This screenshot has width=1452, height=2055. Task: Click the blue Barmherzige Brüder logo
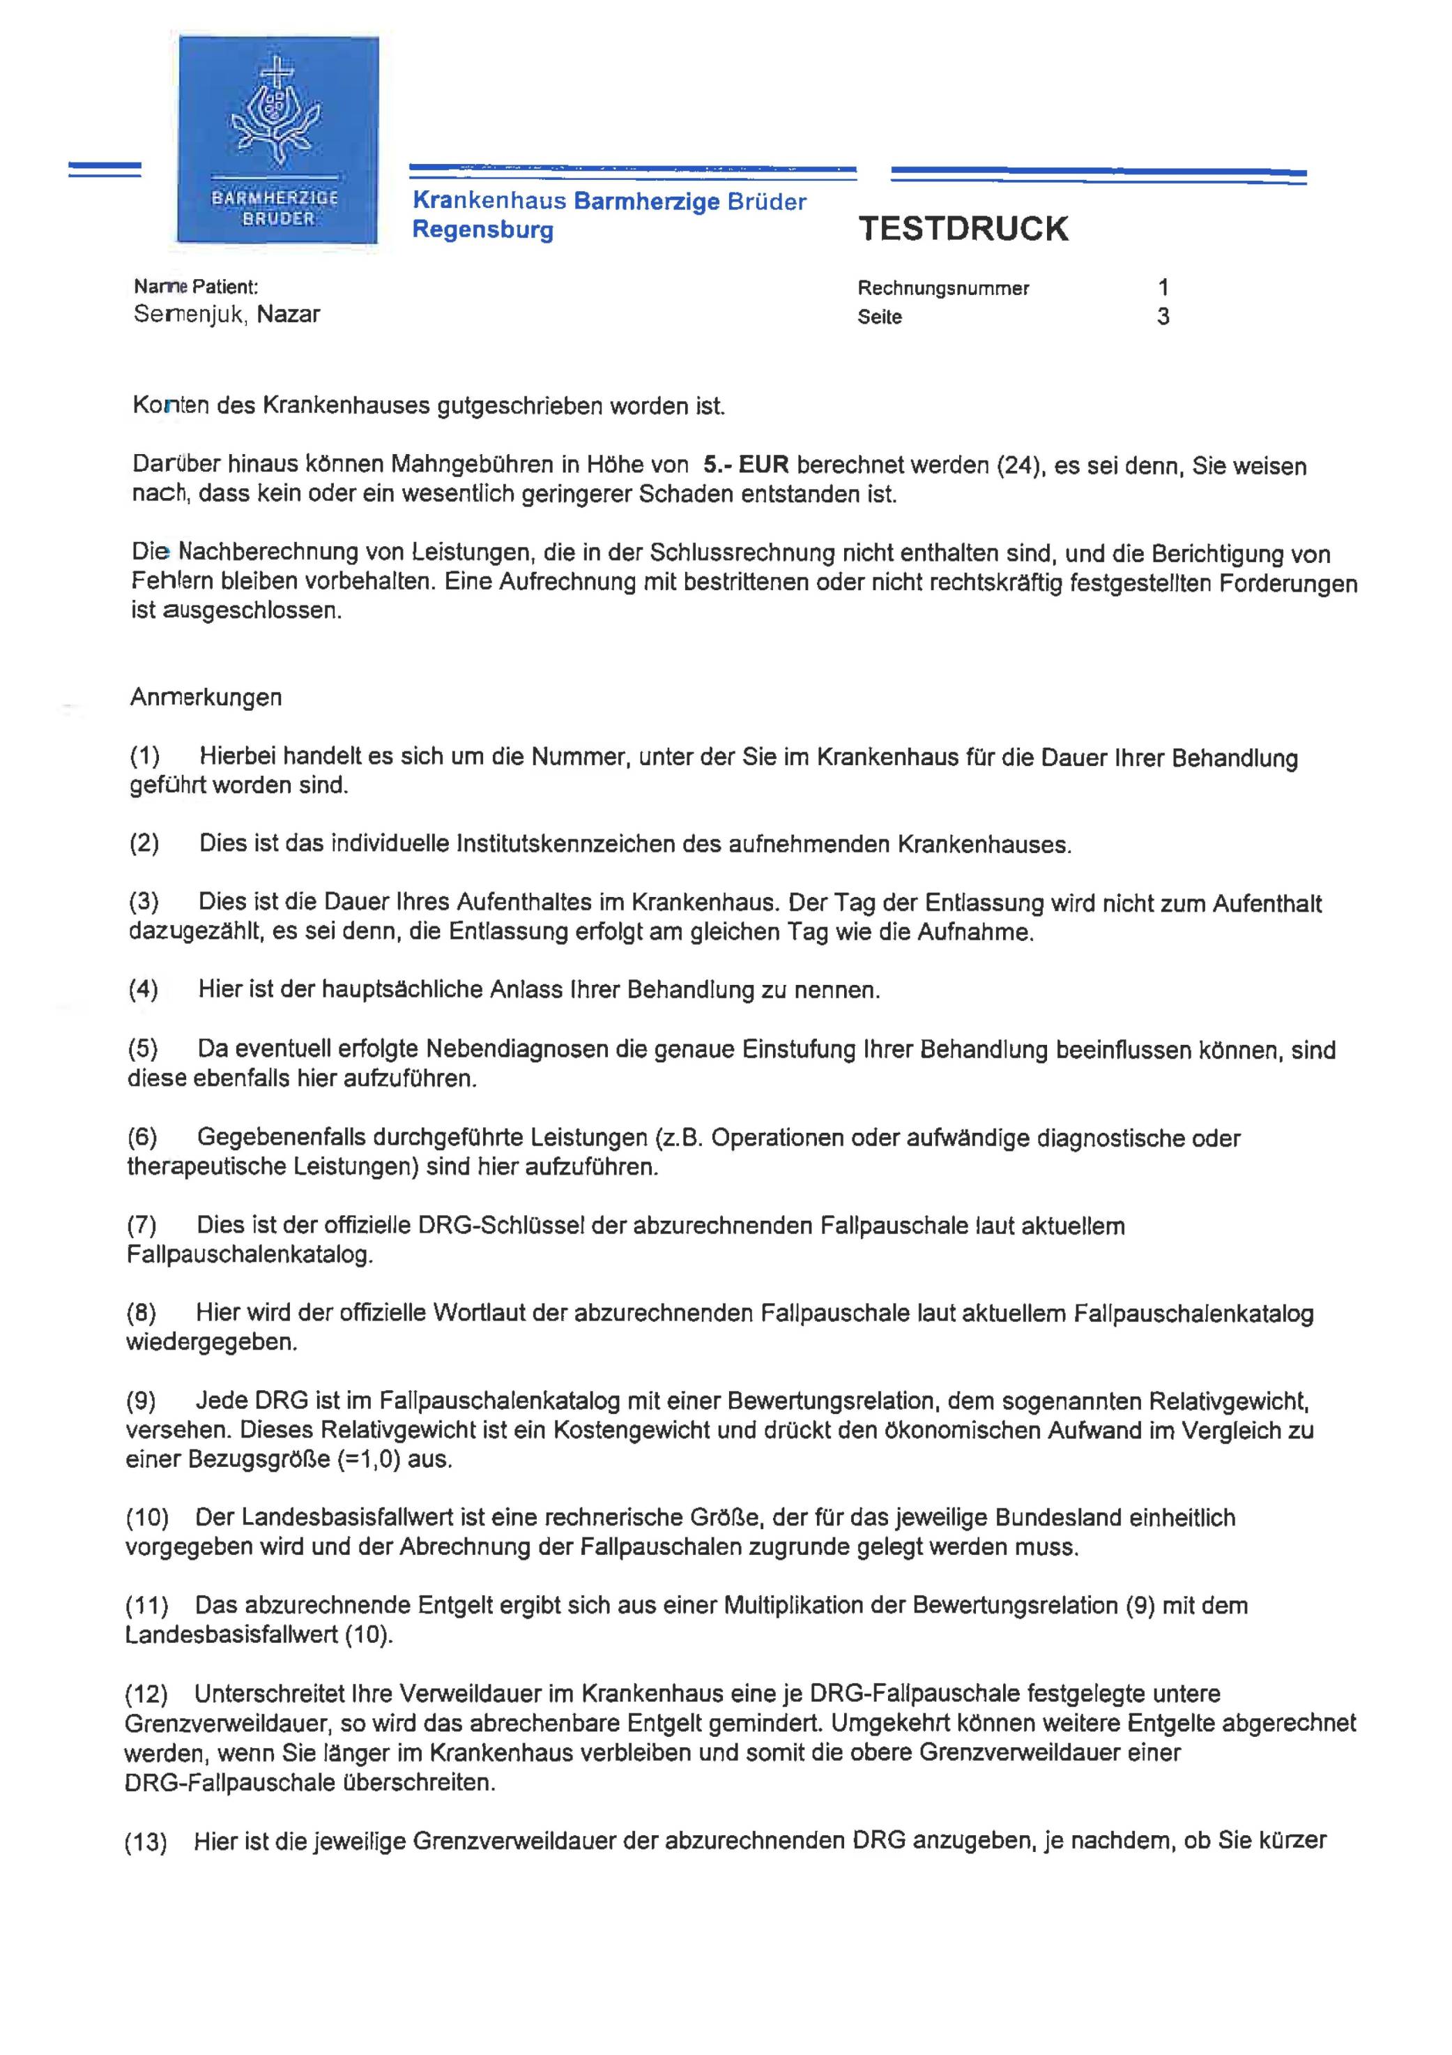click(277, 139)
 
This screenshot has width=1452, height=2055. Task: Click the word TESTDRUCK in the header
click(963, 229)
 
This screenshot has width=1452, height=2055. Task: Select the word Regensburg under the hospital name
click(482, 230)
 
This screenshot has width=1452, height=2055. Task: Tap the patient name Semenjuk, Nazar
click(227, 314)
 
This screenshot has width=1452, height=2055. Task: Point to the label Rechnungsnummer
click(943, 288)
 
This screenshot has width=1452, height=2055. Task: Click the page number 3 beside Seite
click(1163, 317)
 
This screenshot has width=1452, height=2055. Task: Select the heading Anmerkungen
click(206, 698)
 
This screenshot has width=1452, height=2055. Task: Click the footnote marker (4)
click(143, 990)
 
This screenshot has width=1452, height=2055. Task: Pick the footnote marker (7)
click(142, 1226)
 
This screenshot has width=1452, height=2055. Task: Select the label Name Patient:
click(196, 287)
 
